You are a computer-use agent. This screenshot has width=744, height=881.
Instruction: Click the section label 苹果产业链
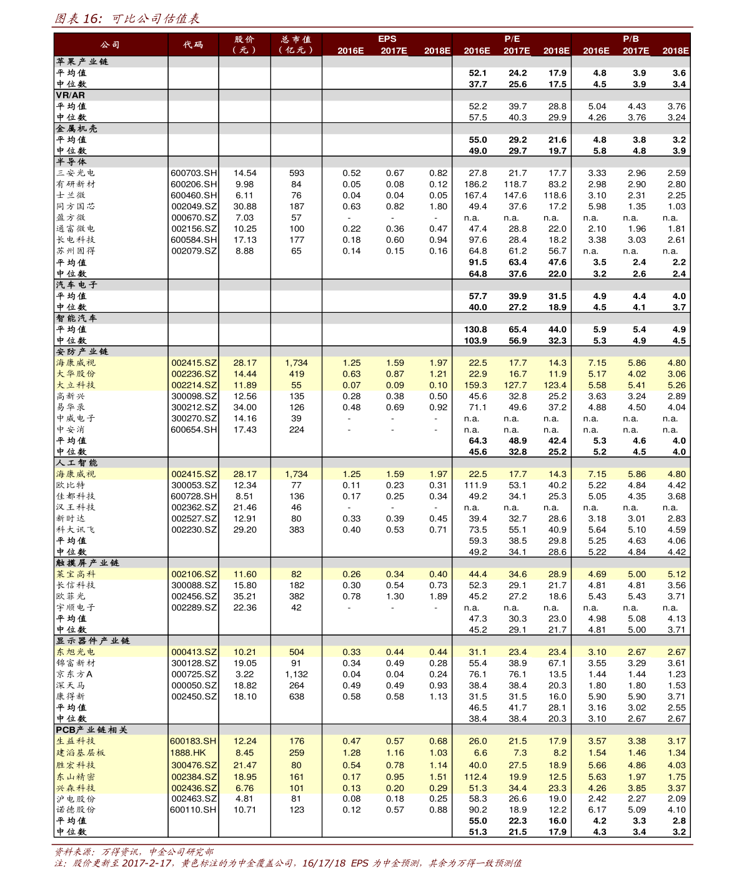click(x=82, y=62)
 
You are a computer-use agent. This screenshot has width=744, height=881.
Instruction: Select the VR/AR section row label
click(x=70, y=96)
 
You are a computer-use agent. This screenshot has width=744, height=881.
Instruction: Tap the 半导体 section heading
click(x=71, y=162)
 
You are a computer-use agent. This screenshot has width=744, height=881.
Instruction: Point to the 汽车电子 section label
click(x=77, y=285)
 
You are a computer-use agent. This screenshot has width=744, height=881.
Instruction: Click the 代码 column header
click(x=193, y=44)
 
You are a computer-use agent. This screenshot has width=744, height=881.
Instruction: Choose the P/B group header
click(x=630, y=39)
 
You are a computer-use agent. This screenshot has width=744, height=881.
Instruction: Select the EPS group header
click(x=387, y=39)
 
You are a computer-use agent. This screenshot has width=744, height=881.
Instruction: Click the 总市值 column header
click(x=296, y=44)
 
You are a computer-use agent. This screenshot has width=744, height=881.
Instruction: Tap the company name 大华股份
click(x=76, y=374)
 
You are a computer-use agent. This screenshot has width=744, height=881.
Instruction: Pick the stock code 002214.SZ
click(x=194, y=385)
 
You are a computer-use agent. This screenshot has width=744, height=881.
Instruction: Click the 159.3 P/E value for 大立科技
click(x=475, y=385)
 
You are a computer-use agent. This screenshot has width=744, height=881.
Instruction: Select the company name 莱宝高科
click(x=76, y=574)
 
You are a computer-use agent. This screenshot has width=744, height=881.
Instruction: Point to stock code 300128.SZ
click(x=194, y=663)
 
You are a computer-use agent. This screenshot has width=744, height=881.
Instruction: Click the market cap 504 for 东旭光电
click(x=296, y=652)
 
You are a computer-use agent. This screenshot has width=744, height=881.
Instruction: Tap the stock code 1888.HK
click(x=188, y=753)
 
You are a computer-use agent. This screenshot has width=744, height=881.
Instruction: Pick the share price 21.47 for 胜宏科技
click(x=245, y=765)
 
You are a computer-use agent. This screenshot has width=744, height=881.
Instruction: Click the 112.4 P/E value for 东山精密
click(x=475, y=777)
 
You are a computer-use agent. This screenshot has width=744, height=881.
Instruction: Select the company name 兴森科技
click(x=76, y=789)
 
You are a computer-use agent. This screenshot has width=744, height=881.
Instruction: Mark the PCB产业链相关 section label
click(x=91, y=730)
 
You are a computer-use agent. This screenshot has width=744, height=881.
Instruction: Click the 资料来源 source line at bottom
click(x=134, y=852)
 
